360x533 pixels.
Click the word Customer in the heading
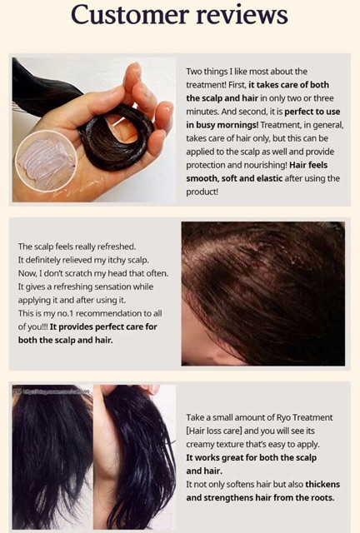[130, 15]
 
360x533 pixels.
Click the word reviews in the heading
[242, 15]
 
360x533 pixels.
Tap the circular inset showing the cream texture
[47, 161]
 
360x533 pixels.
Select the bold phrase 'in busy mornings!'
[222, 125]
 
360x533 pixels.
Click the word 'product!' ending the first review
[202, 192]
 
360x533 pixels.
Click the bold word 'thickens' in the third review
[322, 484]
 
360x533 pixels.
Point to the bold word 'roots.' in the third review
[322, 498]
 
